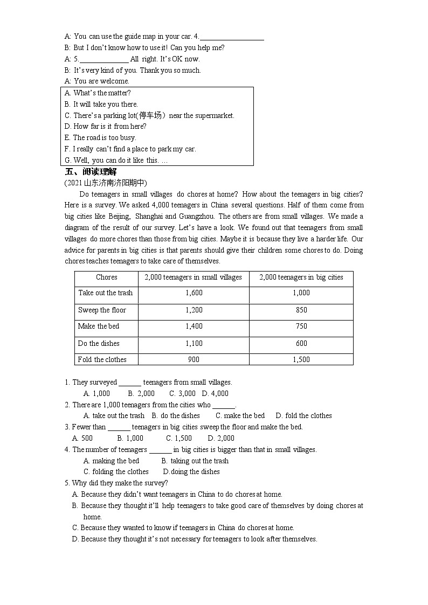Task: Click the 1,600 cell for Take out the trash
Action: [x=194, y=293]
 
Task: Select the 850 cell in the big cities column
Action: [x=301, y=310]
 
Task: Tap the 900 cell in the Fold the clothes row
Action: [x=194, y=360]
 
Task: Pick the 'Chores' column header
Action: [x=106, y=277]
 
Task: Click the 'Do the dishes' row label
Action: [x=99, y=344]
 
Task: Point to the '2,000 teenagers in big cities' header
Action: [x=301, y=277]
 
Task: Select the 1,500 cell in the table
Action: [x=301, y=360]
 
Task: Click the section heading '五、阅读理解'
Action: [x=91, y=172]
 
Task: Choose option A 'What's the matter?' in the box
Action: [x=98, y=93]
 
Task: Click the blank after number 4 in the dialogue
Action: [x=232, y=37]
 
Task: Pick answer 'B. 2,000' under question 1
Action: [x=141, y=394]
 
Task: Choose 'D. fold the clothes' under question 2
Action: [x=303, y=416]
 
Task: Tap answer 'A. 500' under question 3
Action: [x=82, y=439]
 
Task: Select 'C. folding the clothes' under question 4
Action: [x=116, y=472]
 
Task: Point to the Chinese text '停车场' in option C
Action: [x=150, y=115]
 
